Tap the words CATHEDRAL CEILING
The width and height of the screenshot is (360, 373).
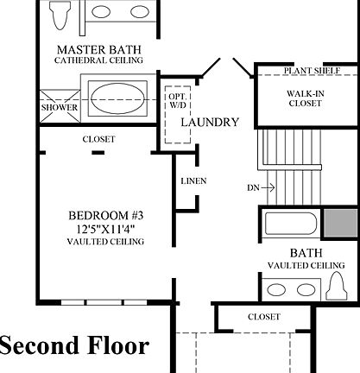98,60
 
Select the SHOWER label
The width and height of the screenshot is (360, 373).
60,108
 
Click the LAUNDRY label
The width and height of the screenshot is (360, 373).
209,123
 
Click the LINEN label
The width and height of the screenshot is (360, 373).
193,181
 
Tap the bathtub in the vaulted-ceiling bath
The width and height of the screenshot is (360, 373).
288,224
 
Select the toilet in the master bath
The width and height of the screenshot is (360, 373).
60,15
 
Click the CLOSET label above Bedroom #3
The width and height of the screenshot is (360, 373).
99,138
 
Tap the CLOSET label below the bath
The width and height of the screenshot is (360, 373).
264,317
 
